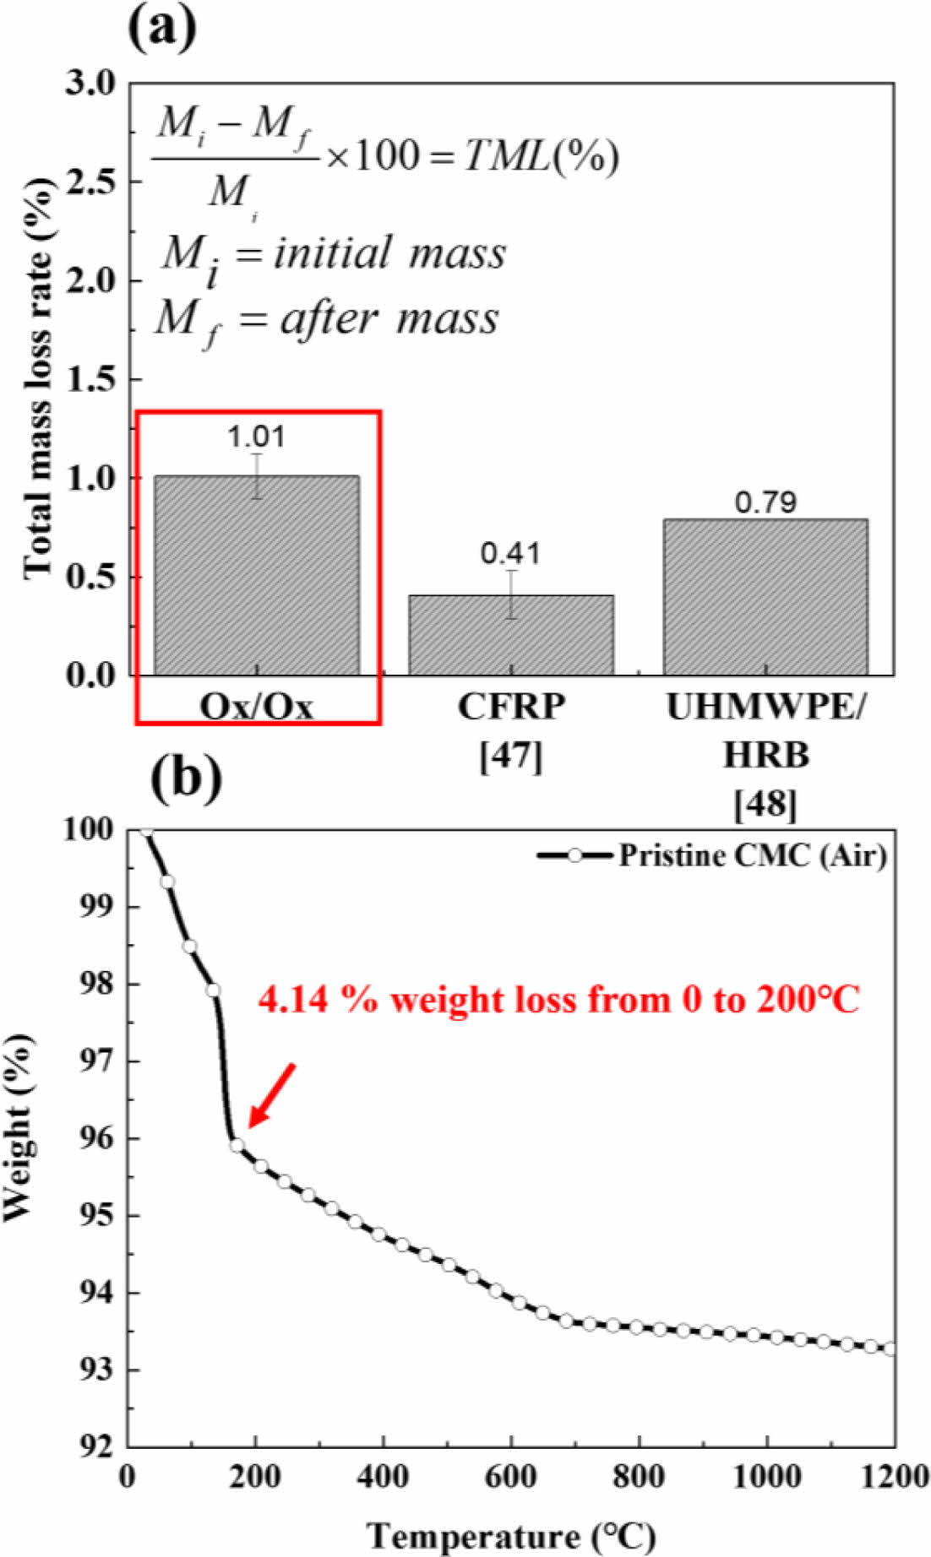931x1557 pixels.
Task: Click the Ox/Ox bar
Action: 256,575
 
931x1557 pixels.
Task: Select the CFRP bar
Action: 511,635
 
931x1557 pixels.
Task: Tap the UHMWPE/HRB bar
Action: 765,597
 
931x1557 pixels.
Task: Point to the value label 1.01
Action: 256,437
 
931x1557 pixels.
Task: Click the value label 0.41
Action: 510,553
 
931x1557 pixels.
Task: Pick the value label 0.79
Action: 765,502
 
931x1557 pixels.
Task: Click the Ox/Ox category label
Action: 256,706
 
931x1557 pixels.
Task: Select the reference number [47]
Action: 510,756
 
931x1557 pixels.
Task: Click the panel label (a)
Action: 162,27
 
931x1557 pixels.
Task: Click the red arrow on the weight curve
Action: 271,1095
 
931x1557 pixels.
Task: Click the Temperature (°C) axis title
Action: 511,1534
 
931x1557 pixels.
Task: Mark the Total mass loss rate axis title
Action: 38,380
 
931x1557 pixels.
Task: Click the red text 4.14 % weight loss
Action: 558,1000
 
